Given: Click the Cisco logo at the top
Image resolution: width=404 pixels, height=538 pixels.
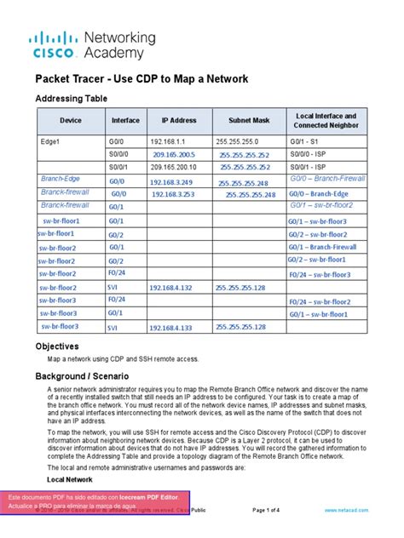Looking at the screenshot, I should (55, 44).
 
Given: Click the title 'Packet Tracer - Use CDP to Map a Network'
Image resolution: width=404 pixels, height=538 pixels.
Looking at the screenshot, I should (141, 79).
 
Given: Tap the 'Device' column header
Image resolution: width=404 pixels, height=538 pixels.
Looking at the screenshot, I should (70, 121).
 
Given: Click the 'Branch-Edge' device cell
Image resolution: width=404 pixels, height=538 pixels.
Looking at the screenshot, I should (60, 180).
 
